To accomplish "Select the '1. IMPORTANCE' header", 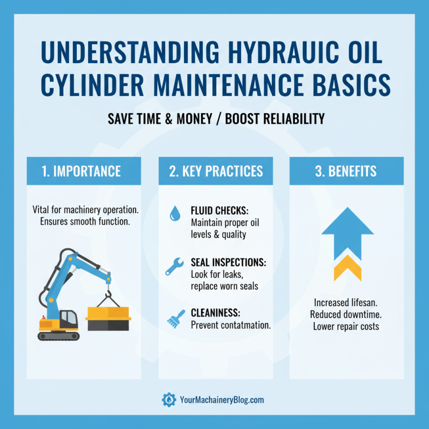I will click(84, 171).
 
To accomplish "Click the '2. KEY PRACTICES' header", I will click(214, 171).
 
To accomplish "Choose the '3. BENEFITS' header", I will click(346, 171).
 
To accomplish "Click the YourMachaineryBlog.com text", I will click(222, 400).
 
